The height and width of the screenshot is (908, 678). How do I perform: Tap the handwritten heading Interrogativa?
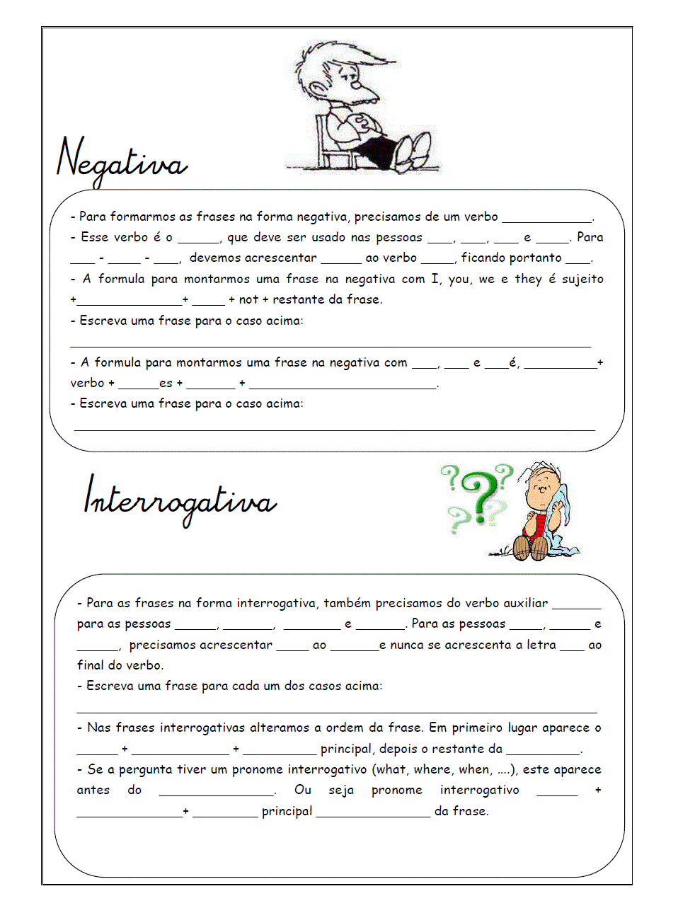click(x=180, y=500)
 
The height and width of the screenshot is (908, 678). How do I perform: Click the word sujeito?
click(x=582, y=279)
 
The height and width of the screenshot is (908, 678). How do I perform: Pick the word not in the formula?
click(x=248, y=299)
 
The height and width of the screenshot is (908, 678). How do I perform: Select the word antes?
click(x=93, y=790)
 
